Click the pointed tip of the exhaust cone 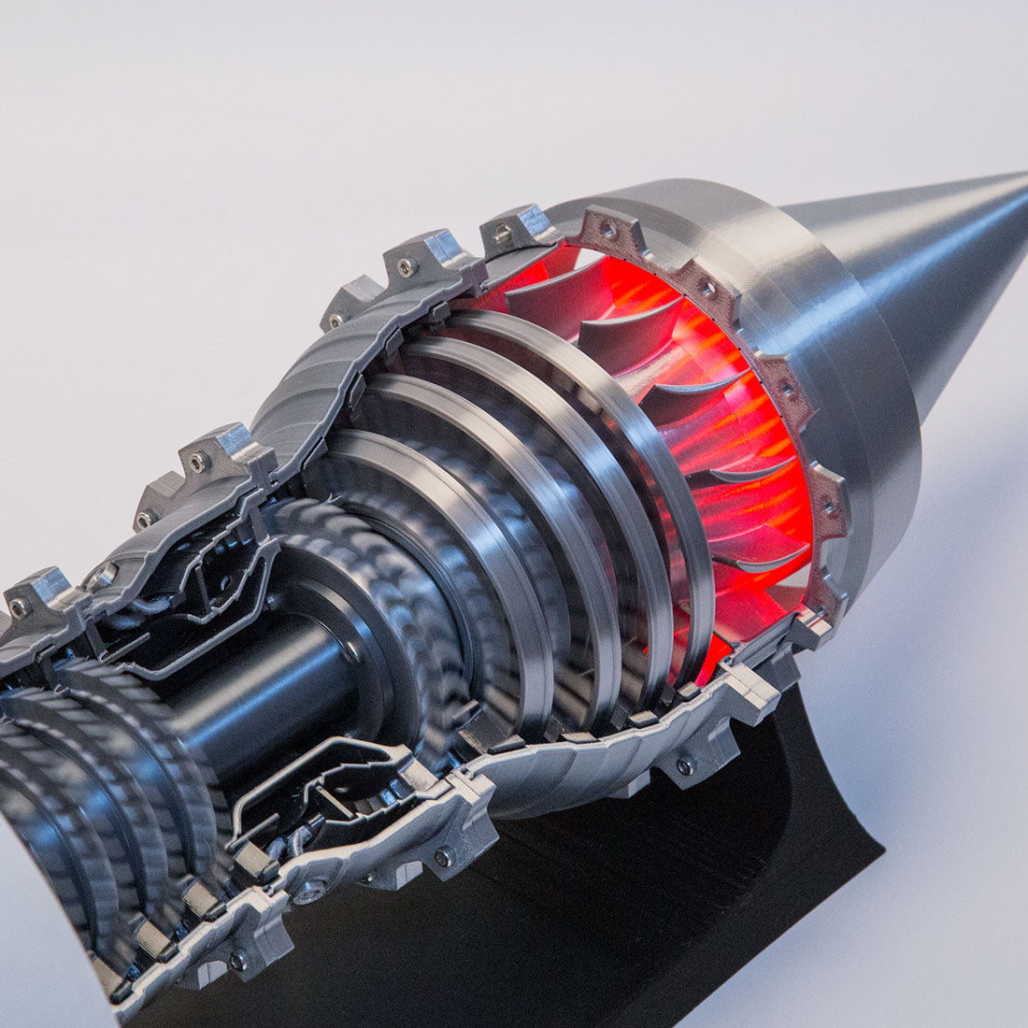1022,176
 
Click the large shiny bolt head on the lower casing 309,892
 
